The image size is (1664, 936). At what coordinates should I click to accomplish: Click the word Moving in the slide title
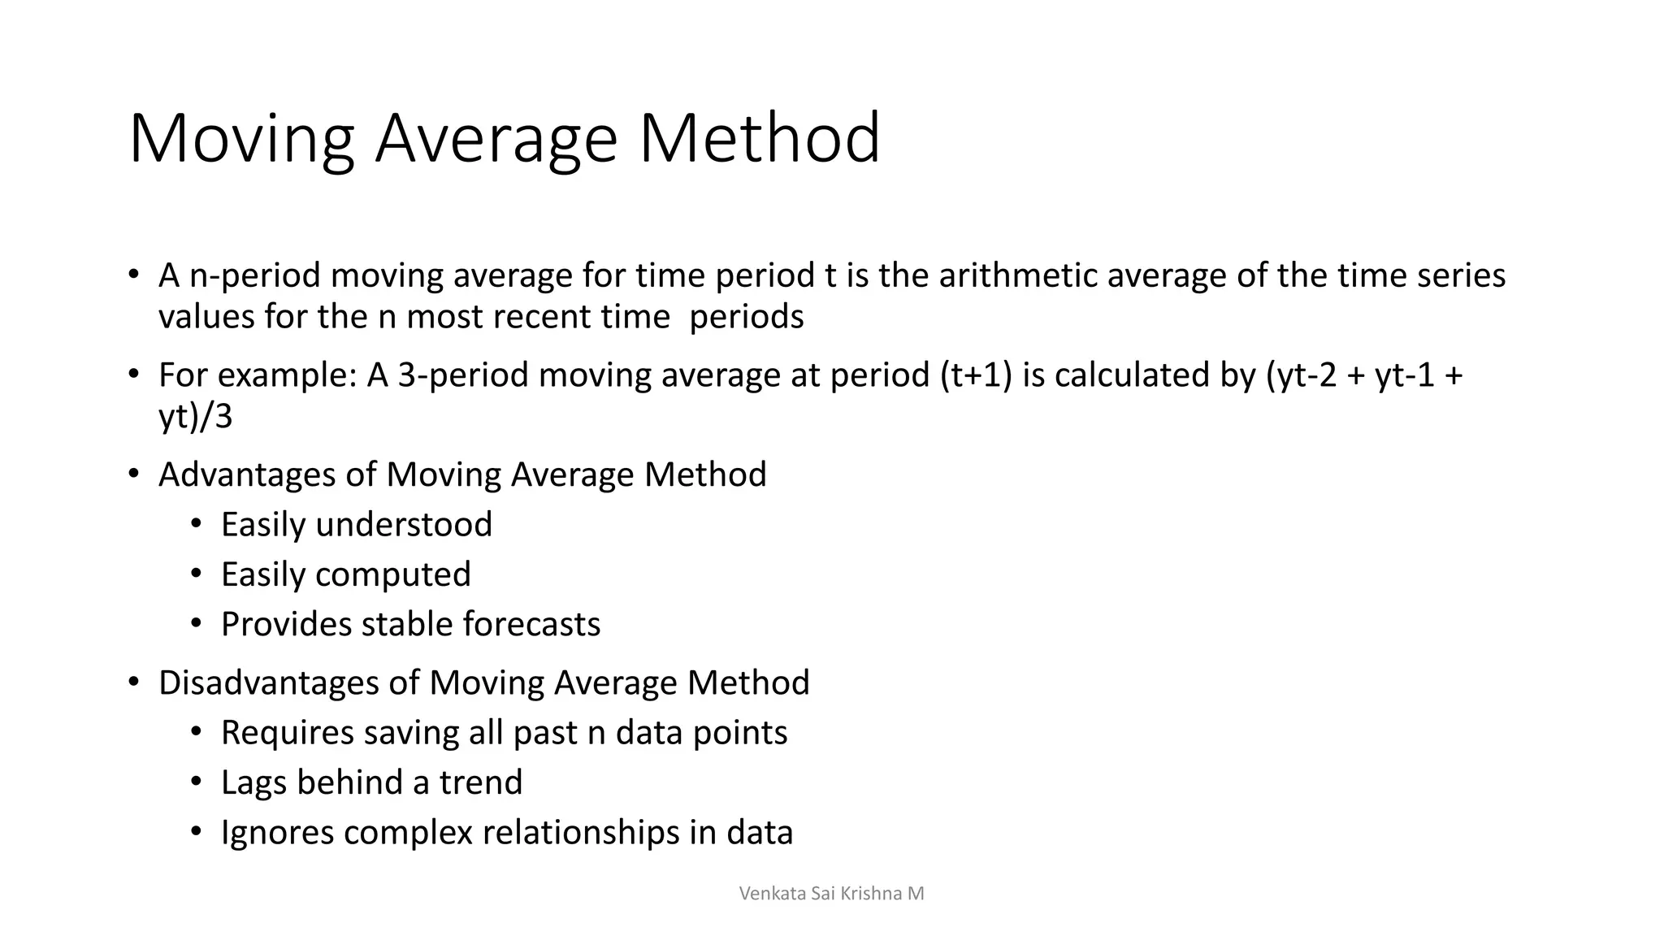[x=241, y=140]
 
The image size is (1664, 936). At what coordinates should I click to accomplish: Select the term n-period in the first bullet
[x=255, y=277]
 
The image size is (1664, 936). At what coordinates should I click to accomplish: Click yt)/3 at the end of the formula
[x=195, y=417]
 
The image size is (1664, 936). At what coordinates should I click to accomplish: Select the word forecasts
[x=531, y=625]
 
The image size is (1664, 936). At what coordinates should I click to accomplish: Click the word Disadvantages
[x=268, y=682]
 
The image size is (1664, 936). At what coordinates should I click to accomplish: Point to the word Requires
[x=287, y=733]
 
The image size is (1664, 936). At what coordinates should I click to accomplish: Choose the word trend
[x=481, y=782]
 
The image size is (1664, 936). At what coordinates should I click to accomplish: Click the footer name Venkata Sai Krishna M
[x=831, y=894]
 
